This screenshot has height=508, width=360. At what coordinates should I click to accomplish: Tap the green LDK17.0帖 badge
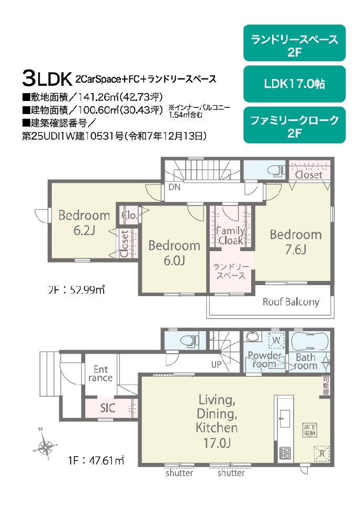pos(294,84)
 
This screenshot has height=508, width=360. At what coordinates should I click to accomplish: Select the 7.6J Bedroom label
pos(296,242)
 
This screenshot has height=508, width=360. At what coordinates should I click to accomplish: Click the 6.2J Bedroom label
pos(84,222)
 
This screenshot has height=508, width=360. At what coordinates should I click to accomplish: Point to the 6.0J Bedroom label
pos(174,253)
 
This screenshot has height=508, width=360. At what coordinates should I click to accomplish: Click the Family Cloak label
pos(231,235)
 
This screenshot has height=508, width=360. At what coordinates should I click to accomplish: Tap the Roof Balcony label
pos(290,302)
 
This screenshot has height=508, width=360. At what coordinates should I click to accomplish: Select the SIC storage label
pos(108,408)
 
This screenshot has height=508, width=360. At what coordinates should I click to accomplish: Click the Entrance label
pos(100,374)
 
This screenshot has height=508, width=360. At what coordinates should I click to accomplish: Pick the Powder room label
pos(264,359)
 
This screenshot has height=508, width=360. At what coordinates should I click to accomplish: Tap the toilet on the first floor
pos(189,341)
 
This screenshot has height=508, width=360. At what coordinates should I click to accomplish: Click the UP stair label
pos(217,365)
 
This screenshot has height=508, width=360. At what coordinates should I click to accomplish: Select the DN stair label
pos(174,187)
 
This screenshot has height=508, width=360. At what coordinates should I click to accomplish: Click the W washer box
pos(276,341)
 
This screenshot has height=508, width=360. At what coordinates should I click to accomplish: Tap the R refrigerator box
pos(321,453)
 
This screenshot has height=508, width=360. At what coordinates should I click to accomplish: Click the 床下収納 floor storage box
pos(310,430)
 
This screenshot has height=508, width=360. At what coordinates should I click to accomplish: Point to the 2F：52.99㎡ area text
pos(76,289)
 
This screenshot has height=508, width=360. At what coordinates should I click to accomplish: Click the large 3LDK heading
pos(47,78)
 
